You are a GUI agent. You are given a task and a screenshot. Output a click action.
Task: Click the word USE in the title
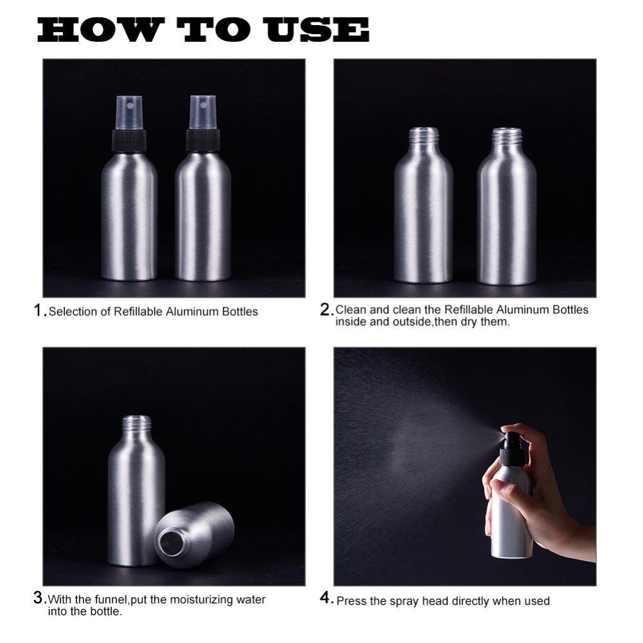pos(318,30)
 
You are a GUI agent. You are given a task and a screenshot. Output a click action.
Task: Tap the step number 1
pos(39,311)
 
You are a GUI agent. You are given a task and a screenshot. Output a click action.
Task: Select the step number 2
pos(325,310)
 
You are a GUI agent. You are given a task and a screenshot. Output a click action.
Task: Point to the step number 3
pos(38,597)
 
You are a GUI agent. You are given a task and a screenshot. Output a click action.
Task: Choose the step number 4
pos(325,598)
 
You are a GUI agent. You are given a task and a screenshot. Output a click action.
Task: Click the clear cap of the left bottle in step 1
pos(129,113)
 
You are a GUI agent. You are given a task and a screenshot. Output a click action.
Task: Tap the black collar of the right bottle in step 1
pos(203,140)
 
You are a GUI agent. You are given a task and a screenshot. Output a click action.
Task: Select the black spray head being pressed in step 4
pos(511,446)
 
